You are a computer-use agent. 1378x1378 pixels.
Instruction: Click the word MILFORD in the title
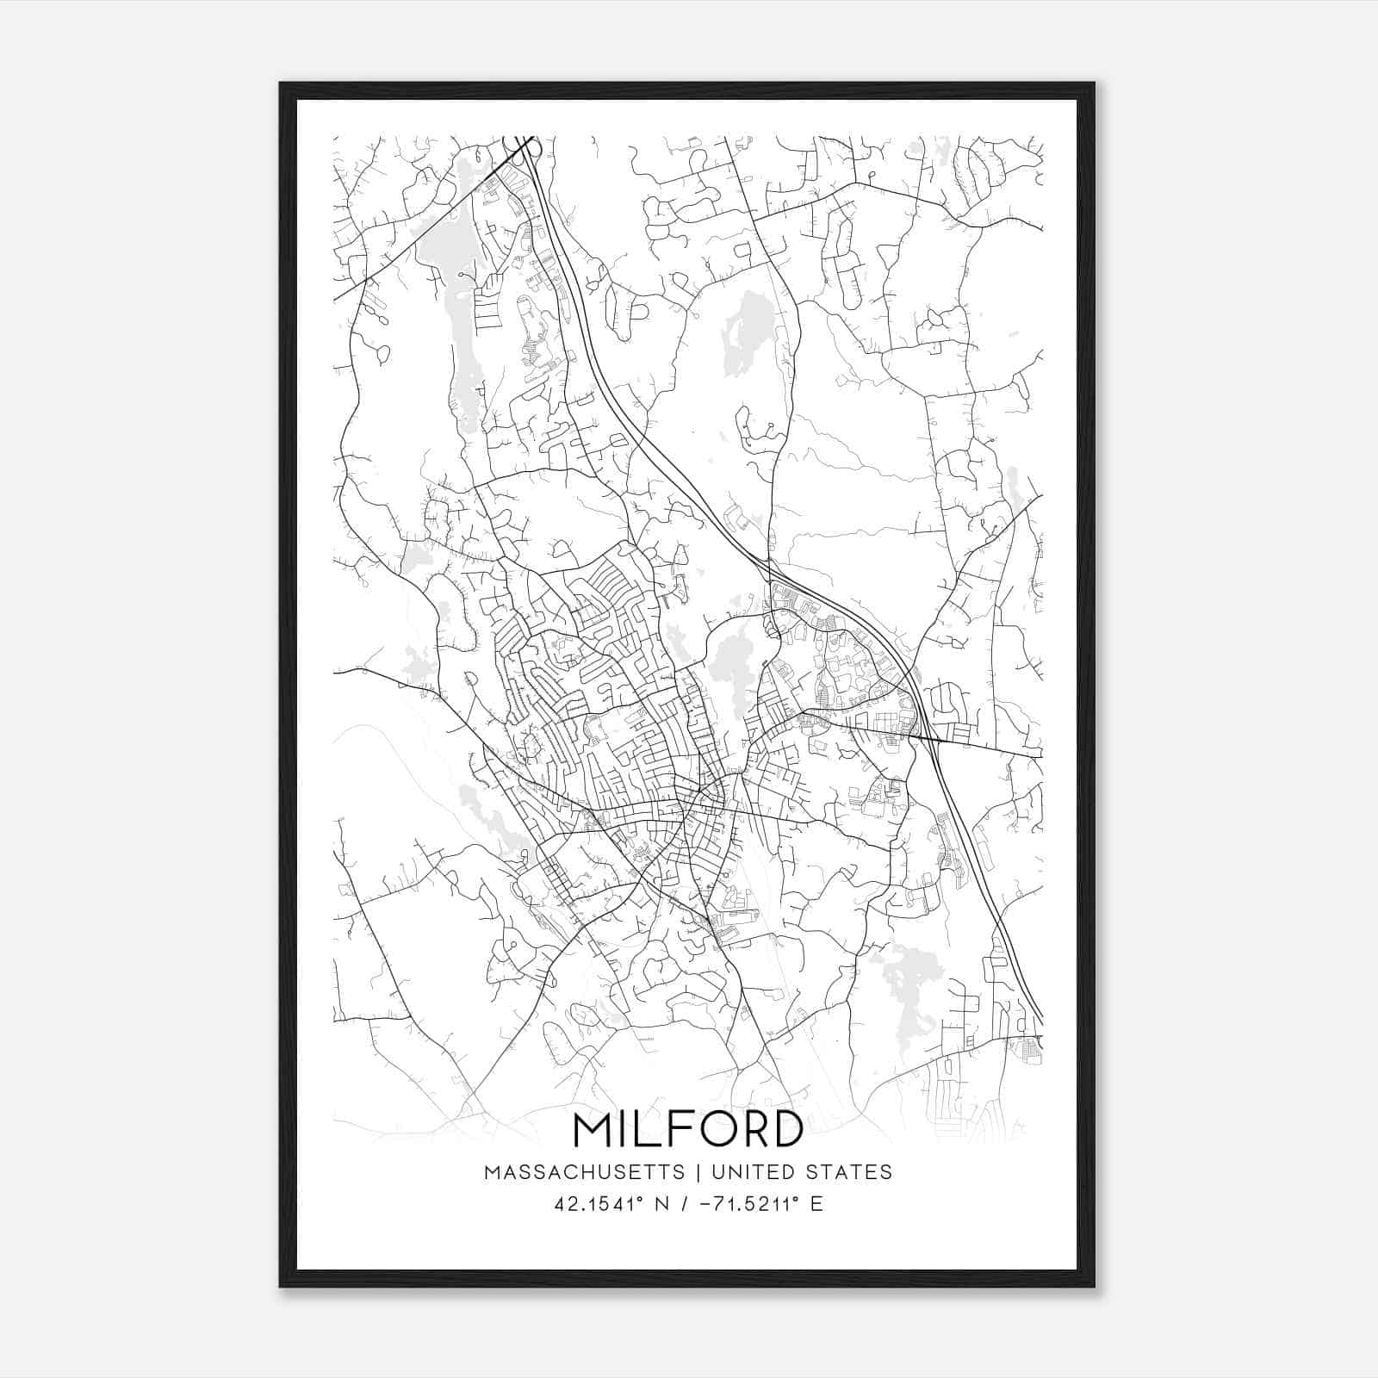point(687,1131)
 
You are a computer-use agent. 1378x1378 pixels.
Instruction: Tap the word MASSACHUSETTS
point(585,1172)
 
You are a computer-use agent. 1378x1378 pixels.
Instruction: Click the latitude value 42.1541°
point(600,1203)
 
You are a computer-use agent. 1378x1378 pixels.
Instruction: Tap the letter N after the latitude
point(661,1203)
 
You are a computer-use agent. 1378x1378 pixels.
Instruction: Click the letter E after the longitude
point(816,1203)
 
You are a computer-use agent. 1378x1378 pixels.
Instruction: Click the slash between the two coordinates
point(685,1203)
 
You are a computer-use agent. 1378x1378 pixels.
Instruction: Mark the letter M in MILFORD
point(594,1131)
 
